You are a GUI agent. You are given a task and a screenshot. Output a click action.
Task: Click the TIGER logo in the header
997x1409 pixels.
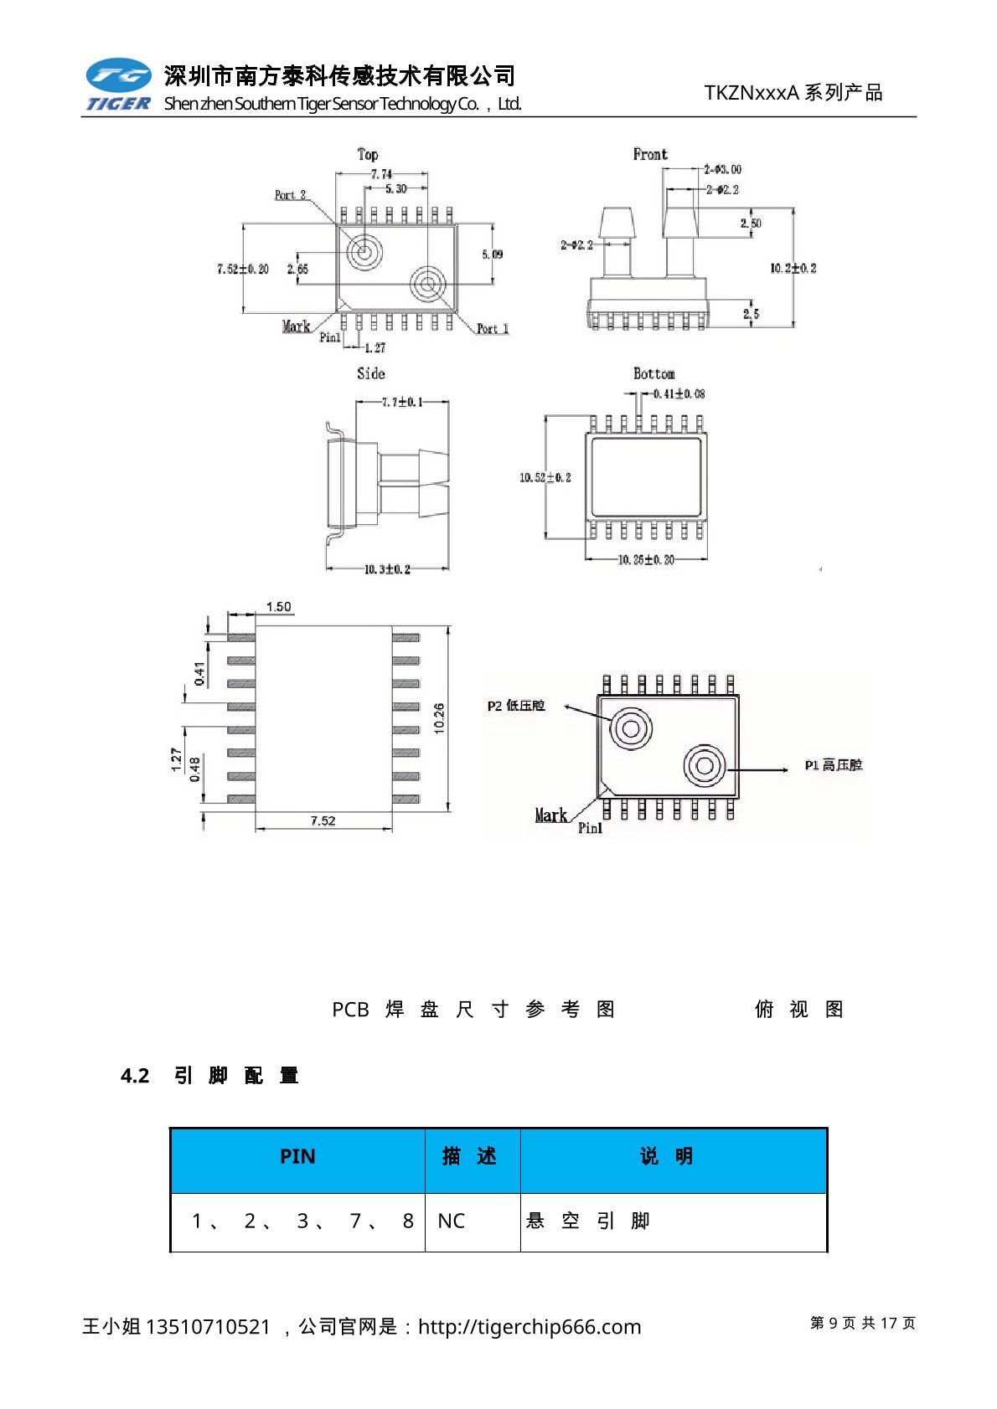pyautogui.click(x=118, y=84)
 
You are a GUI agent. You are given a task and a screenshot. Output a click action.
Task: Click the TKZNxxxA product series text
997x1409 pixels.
pyautogui.click(x=793, y=93)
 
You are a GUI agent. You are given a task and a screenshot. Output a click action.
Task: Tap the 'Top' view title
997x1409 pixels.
pyautogui.click(x=367, y=154)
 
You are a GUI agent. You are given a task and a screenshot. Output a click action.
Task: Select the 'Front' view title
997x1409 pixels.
pyautogui.click(x=650, y=154)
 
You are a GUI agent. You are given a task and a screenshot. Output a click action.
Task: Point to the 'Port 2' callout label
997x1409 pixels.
pyautogui.click(x=290, y=195)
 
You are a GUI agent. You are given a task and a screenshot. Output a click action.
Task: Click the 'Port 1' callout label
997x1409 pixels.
pyautogui.click(x=493, y=329)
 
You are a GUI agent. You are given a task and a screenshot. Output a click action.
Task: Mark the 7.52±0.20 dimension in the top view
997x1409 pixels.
pyautogui.click(x=243, y=269)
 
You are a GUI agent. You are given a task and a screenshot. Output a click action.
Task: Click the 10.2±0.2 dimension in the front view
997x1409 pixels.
pyautogui.click(x=793, y=268)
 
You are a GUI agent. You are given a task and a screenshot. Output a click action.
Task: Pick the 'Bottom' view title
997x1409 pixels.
pyautogui.click(x=653, y=373)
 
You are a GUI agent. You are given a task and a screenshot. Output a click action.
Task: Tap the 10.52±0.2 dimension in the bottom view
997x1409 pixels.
pyautogui.click(x=545, y=477)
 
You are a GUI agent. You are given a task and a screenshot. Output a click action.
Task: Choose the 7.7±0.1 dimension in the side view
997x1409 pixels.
pyautogui.click(x=402, y=403)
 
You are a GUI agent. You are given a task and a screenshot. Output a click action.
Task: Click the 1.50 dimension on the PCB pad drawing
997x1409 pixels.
pyautogui.click(x=278, y=607)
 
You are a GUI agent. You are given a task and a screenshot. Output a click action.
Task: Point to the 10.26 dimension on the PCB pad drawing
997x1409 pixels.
pyautogui.click(x=439, y=718)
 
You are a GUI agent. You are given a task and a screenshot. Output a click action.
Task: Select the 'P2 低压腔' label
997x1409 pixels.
pyautogui.click(x=516, y=706)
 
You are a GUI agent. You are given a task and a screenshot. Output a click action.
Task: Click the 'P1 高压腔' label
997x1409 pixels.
pyautogui.click(x=833, y=765)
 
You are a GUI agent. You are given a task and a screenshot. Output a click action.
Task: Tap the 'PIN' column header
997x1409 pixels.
pyautogui.click(x=297, y=1156)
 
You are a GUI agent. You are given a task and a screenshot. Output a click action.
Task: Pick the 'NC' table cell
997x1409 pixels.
pyautogui.click(x=451, y=1221)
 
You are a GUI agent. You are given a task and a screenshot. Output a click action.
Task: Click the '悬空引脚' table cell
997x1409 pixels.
pyautogui.click(x=588, y=1221)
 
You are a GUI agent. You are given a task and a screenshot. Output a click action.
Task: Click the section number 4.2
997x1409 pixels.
pyautogui.click(x=135, y=1076)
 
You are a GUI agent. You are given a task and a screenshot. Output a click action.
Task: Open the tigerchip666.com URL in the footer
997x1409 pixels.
pyautogui.click(x=529, y=1327)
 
